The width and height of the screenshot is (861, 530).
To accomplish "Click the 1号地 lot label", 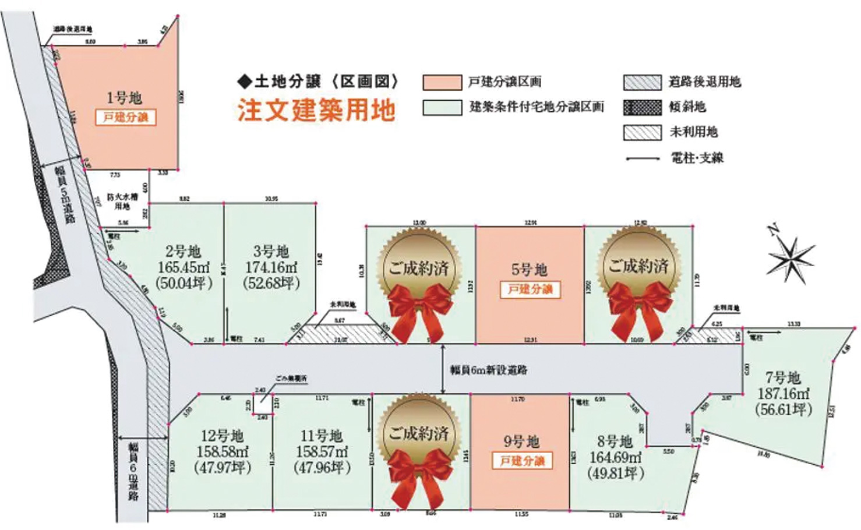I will (124, 97).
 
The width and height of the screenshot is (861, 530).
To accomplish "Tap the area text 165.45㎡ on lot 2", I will (184, 267).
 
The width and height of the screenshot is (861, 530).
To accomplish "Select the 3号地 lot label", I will (271, 252).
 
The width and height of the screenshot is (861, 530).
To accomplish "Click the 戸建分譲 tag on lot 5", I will (530, 289).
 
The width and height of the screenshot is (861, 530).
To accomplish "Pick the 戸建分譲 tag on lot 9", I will (522, 461).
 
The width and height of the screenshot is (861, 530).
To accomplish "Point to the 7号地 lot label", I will (783, 377).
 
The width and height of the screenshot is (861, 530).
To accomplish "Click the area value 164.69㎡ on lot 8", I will (616, 457).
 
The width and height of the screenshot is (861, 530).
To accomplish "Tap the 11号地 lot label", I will (321, 436).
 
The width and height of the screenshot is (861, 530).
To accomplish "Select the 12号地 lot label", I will (222, 436).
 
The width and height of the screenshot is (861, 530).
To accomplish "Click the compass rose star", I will (791, 256).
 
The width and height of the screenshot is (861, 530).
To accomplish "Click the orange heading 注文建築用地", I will (316, 110).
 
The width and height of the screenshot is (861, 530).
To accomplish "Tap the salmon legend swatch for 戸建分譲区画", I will (442, 82).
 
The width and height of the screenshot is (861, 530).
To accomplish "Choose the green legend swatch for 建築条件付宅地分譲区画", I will (442, 107).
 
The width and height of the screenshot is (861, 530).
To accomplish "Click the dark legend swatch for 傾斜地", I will (642, 107).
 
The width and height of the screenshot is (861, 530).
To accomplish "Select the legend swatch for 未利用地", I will (642, 132).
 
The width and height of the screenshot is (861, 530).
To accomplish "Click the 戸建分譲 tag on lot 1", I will (126, 117).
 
